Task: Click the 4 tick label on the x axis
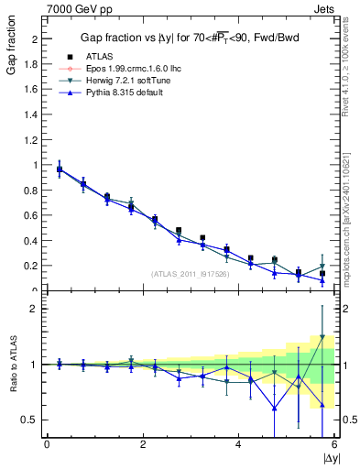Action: coord(238,445)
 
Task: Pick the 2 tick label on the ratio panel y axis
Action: coord(37,309)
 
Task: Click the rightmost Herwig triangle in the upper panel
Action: coord(322,267)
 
